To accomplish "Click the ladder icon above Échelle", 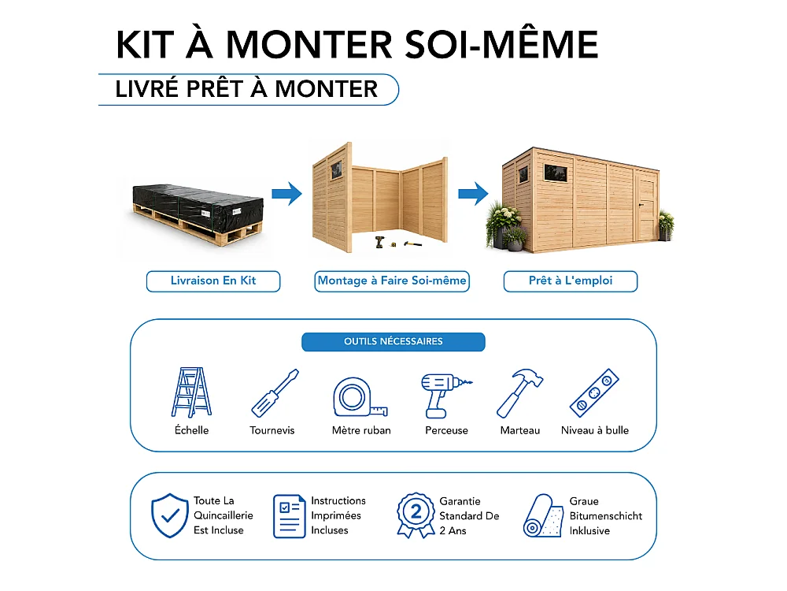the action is (191, 392).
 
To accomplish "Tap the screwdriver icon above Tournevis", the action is (275, 393).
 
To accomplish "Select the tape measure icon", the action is (360, 397).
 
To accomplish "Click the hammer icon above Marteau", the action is (519, 393).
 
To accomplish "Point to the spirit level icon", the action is (594, 393).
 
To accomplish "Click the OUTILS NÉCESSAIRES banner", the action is (393, 342).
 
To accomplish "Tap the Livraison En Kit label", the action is (213, 281).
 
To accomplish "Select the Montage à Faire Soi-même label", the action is (392, 281).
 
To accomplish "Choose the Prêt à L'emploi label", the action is (571, 281).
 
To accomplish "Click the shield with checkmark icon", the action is (170, 515).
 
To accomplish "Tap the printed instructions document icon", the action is (289, 516).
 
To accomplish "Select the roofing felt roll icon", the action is (543, 516).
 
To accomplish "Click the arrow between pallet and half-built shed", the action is (287, 194).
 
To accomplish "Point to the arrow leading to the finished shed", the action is (473, 194).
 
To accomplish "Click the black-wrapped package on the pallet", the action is (198, 206).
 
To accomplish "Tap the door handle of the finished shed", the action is (641, 205).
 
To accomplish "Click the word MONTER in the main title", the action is (309, 45).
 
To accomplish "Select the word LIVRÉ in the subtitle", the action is (146, 89).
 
